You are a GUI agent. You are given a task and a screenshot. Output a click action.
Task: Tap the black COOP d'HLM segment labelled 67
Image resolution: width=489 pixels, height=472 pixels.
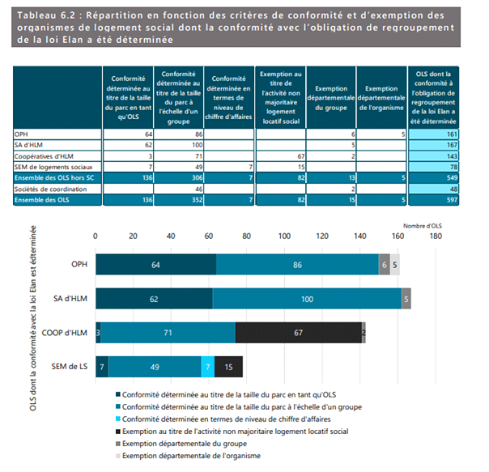[298, 332]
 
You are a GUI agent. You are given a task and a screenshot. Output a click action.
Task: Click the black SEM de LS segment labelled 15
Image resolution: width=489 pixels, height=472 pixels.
[228, 366]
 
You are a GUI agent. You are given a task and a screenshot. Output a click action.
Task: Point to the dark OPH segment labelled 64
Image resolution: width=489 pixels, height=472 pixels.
[156, 264]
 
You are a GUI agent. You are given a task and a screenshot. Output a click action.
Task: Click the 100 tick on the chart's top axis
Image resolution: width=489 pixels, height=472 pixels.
[284, 237]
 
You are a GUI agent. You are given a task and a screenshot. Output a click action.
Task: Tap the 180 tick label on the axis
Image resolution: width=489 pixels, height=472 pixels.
[436, 237]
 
